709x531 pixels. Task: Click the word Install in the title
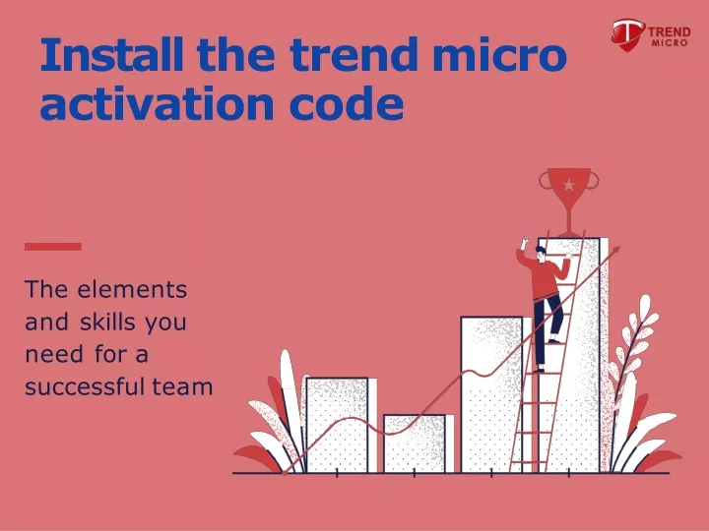[x=112, y=54]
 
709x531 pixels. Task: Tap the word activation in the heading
[x=157, y=104]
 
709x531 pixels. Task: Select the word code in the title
[x=347, y=104]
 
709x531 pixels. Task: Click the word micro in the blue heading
[x=499, y=54]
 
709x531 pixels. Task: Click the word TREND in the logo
[x=670, y=32]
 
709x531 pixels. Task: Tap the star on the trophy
[x=569, y=185]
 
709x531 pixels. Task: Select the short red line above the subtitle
[x=53, y=247]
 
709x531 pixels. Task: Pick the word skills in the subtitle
[x=107, y=322]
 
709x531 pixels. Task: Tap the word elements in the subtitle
[x=132, y=289]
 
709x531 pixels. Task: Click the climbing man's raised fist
[x=525, y=241]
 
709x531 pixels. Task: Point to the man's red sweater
[x=545, y=276]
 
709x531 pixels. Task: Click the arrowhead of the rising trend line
[x=615, y=250]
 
